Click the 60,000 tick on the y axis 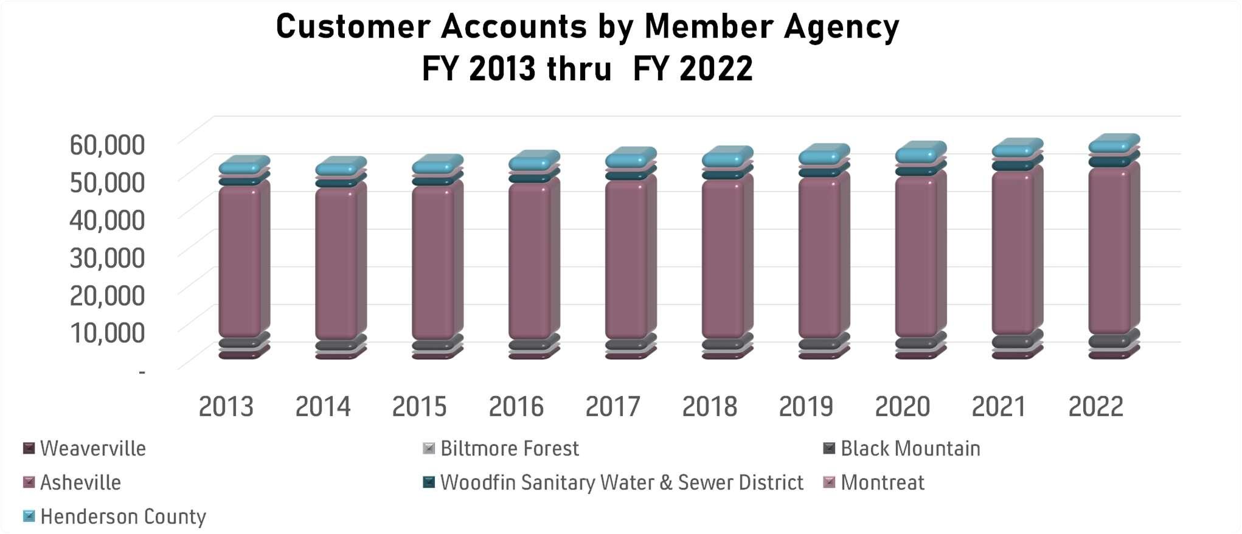point(107,145)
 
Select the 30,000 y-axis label point(107,258)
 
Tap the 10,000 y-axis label point(107,333)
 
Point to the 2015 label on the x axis point(419,406)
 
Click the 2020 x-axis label point(903,406)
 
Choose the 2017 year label point(612,406)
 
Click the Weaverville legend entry point(85,449)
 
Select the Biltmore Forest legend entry point(501,449)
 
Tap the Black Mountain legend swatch point(829,449)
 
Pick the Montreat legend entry point(874,483)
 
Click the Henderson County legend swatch point(29,517)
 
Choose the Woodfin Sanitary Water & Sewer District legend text point(622,483)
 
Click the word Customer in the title point(354,27)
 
